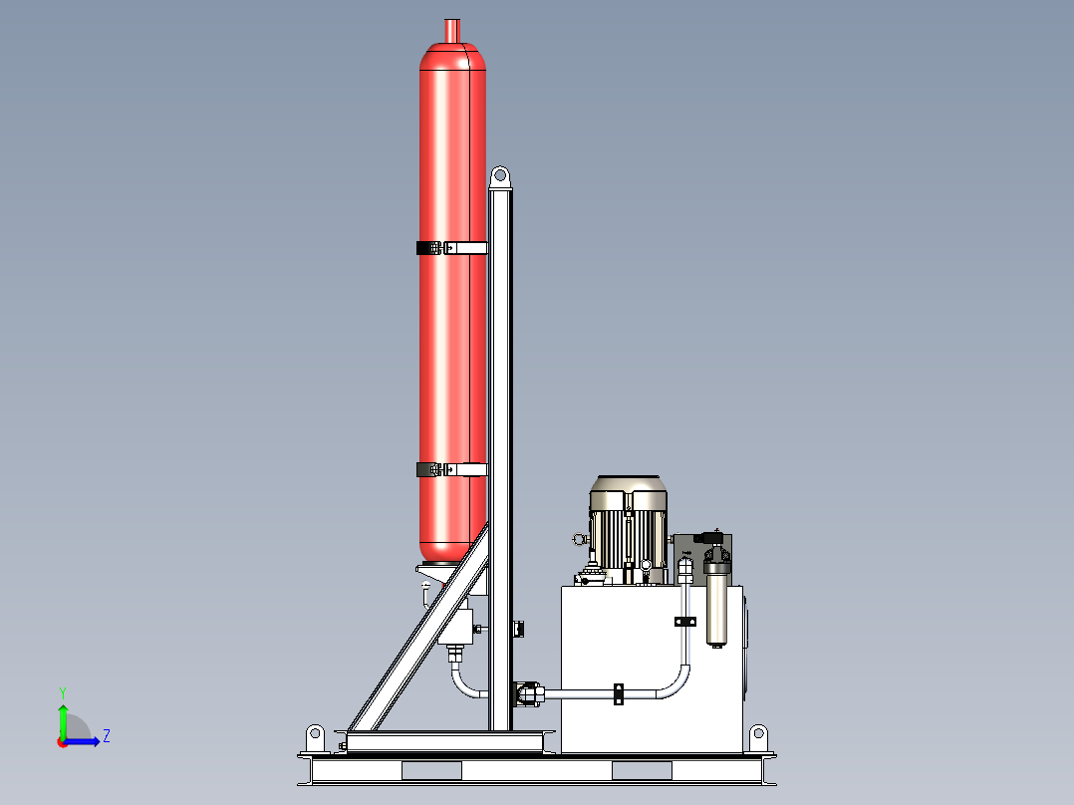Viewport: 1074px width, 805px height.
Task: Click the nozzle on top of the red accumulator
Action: pyautogui.click(x=453, y=30)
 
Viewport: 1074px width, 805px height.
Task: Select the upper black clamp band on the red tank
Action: pyautogui.click(x=451, y=247)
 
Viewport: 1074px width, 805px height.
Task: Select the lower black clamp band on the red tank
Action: pyautogui.click(x=451, y=468)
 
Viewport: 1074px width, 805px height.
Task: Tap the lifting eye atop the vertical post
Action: pyautogui.click(x=501, y=176)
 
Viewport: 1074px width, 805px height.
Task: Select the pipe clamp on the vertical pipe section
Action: pyautogui.click(x=684, y=622)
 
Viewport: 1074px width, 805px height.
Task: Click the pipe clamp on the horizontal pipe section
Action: pyautogui.click(x=618, y=693)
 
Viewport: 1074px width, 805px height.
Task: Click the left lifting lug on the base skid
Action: pyautogui.click(x=315, y=738)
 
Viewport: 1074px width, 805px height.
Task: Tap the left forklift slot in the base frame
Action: pyautogui.click(x=430, y=770)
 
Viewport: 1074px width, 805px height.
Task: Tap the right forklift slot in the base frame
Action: pyautogui.click(x=642, y=770)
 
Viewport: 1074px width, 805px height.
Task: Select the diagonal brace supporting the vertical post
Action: pyautogui.click(x=418, y=638)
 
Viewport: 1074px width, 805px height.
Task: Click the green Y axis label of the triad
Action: pyautogui.click(x=62, y=691)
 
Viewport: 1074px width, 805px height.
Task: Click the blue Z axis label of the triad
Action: pyautogui.click(x=106, y=736)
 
